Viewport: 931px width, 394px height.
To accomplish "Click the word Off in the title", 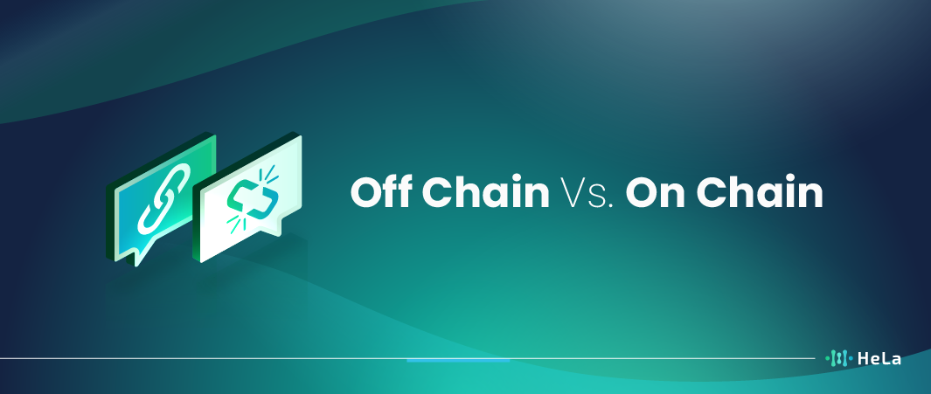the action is point(382,192).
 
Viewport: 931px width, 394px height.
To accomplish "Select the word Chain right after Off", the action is point(486,192).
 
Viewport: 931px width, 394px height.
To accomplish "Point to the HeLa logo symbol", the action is point(838,358).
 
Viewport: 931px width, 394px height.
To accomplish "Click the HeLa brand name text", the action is point(879,358).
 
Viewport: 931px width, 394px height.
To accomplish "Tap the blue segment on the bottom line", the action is point(458,360).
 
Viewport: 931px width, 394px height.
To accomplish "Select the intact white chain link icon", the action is point(163,198).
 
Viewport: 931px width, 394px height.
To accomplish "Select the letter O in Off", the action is point(366,193).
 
